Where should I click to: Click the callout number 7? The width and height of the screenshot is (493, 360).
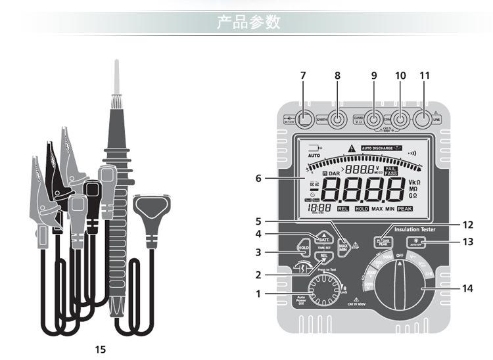pyautogui.click(x=303, y=76)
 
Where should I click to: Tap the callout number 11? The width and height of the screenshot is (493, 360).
pyautogui.click(x=425, y=76)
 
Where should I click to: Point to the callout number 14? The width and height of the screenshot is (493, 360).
pyautogui.click(x=468, y=288)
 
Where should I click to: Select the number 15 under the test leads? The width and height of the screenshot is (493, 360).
pyautogui.click(x=100, y=349)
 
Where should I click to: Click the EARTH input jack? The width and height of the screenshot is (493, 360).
pyautogui.click(x=338, y=120)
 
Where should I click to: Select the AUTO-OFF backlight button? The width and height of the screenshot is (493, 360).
pyautogui.click(x=415, y=242)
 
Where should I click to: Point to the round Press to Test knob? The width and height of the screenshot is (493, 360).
pyautogui.click(x=322, y=290)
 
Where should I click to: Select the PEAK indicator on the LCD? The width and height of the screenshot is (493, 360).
pyautogui.click(x=404, y=208)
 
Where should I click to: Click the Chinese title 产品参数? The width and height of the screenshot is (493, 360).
pyautogui.click(x=249, y=23)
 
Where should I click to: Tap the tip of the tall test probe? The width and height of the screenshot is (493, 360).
pyautogui.click(x=116, y=62)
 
